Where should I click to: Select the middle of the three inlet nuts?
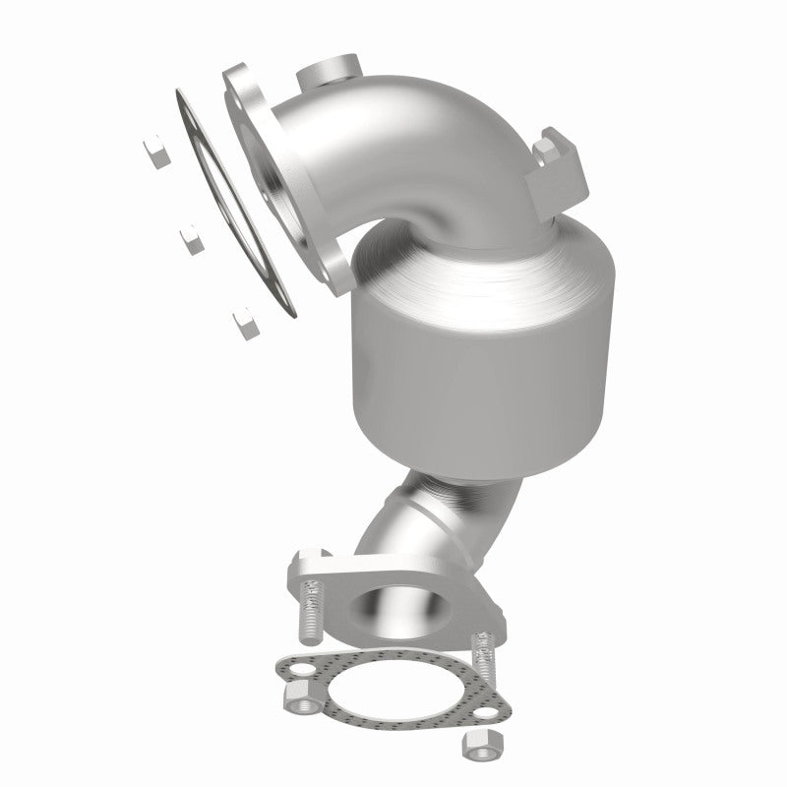188,237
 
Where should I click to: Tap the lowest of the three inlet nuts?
239,321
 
